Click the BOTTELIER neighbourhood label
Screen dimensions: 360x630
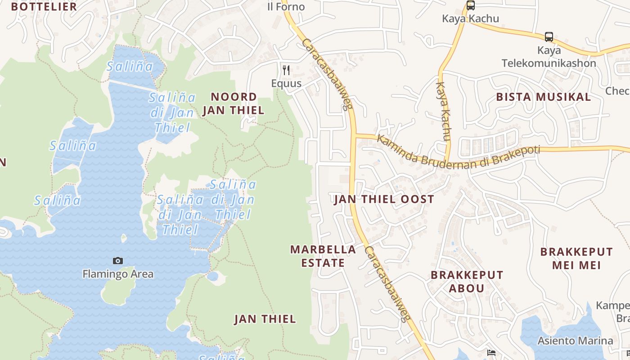pyautogui.click(x=44, y=7)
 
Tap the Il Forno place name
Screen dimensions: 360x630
pyautogui.click(x=286, y=7)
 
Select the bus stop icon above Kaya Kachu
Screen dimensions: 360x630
pyautogui.click(x=470, y=5)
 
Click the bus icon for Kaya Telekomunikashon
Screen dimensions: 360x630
pyautogui.click(x=549, y=36)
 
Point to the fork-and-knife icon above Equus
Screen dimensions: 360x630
pyautogui.click(x=286, y=70)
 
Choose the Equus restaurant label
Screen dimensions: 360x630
pyautogui.click(x=286, y=84)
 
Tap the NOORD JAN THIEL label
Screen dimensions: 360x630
pyautogui.click(x=233, y=103)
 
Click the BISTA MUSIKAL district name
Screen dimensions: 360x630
pyautogui.click(x=543, y=97)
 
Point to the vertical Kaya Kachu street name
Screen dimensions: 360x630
pyautogui.click(x=444, y=111)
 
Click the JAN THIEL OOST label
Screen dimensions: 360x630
pyautogui.click(x=384, y=199)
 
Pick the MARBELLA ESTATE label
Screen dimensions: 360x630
pyautogui.click(x=323, y=256)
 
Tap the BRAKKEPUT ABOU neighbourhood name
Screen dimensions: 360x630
pyautogui.click(x=467, y=281)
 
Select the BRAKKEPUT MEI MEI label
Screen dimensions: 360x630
pyautogui.click(x=576, y=258)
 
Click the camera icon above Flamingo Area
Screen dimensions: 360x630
pyautogui.click(x=117, y=261)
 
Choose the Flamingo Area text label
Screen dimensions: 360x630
pyautogui.click(x=118, y=274)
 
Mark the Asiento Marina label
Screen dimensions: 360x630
pyautogui.click(x=575, y=341)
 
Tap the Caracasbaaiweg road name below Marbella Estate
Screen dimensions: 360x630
pyautogui.click(x=387, y=284)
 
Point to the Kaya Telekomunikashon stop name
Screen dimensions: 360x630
pyautogui.click(x=549, y=57)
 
